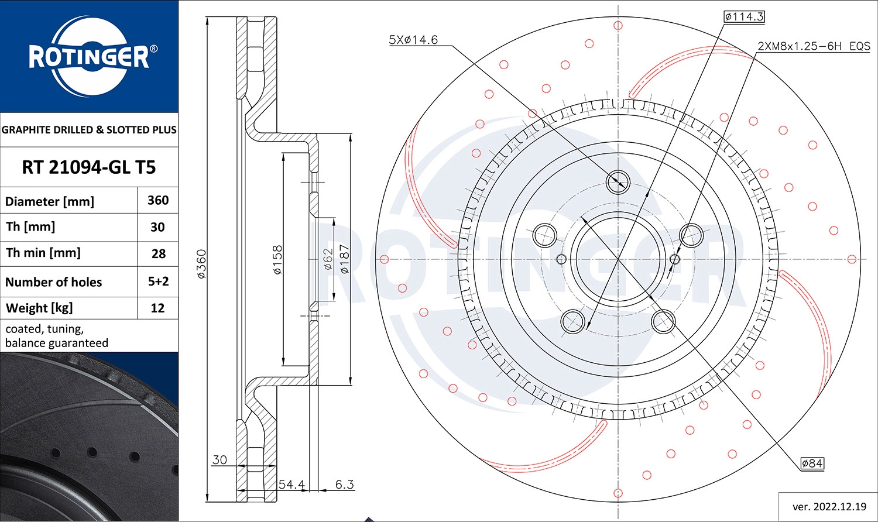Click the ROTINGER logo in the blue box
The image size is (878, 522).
(90, 57)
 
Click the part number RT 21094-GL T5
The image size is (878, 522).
(89, 167)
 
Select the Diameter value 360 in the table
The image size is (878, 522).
(158, 201)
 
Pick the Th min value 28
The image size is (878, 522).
(158, 254)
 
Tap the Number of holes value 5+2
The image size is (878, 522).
(158, 281)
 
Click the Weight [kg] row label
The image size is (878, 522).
(39, 308)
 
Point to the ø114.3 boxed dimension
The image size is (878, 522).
(743, 16)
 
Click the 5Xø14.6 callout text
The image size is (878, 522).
(413, 40)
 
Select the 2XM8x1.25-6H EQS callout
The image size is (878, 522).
(814, 46)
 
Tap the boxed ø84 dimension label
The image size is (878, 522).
(812, 463)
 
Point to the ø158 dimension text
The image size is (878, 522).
(277, 260)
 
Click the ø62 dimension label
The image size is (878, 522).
(328, 259)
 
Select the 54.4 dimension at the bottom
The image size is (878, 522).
(291, 485)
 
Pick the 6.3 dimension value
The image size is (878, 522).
(344, 485)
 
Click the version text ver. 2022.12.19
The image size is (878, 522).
(829, 506)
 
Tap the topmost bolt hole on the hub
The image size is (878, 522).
(618, 181)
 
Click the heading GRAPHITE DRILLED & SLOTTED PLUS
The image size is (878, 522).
(89, 130)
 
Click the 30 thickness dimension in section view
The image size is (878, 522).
(220, 460)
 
